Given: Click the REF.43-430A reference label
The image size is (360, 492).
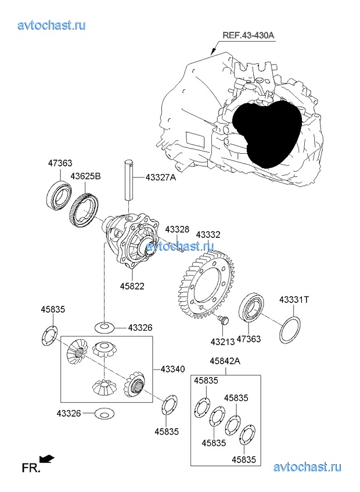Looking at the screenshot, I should pos(248,35).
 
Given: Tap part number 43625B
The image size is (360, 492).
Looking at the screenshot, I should pos(86,176).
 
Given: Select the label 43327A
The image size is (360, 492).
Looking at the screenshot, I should pos(160,178).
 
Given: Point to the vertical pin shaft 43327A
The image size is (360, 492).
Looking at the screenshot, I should pos(128,185).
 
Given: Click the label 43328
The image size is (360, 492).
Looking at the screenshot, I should pos(177,230).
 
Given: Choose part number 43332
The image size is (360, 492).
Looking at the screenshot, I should pos(208,235).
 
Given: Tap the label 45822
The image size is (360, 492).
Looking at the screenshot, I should pos(132,286).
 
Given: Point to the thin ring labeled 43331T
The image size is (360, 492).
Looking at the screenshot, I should pos(290,330).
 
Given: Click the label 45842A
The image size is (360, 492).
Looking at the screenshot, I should pos(225,361).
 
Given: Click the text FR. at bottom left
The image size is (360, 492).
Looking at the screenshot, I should pos(31,466).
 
